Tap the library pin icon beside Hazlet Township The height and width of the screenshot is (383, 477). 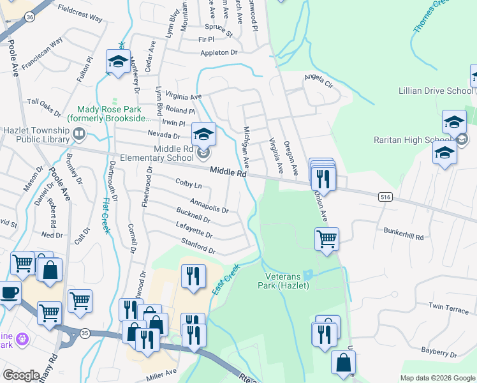(x=79, y=134)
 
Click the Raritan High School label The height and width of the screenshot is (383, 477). (x=421, y=140)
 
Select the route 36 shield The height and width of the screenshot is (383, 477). (x=31, y=18)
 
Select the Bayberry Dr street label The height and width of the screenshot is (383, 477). (x=441, y=352)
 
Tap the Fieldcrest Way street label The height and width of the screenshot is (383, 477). (x=80, y=15)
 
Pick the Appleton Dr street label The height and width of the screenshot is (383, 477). (x=218, y=52)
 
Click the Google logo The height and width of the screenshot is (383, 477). (x=22, y=375)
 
